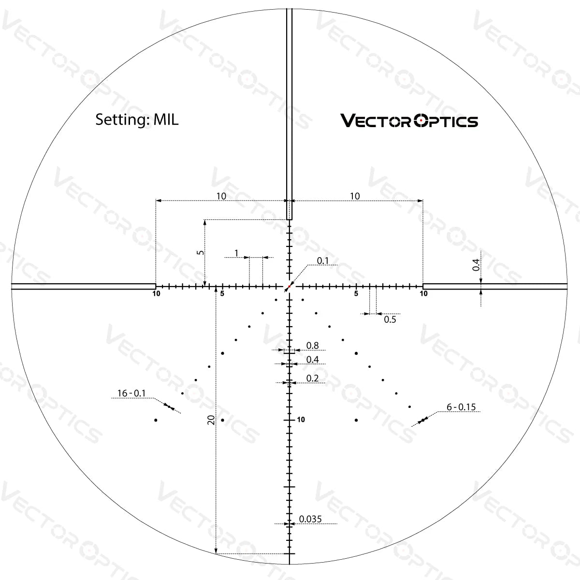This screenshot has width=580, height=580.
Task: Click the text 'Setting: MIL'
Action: [137, 119]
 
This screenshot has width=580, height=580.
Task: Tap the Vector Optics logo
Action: [409, 120]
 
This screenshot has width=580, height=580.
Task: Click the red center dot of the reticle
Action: [289, 287]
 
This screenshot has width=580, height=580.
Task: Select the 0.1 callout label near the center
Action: [322, 261]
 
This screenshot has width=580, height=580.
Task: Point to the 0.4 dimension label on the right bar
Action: [476, 265]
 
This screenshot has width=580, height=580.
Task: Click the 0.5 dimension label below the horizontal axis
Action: [390, 319]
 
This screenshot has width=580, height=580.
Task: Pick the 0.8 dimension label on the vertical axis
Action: [313, 346]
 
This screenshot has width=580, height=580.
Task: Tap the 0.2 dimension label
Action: [313, 378]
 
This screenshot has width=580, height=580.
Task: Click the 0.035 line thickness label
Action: [310, 519]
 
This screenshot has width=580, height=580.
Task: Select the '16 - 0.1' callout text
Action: [131, 393]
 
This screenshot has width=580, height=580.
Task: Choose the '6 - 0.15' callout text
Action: [461, 407]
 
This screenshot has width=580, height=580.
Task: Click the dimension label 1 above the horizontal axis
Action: [236, 253]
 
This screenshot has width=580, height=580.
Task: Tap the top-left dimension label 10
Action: [221, 196]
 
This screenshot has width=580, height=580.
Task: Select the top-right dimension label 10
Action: [355, 196]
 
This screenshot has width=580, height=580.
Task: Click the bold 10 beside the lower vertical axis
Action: [301, 420]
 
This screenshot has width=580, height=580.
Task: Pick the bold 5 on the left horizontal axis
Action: [222, 293]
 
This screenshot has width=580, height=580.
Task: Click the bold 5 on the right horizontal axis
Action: [356, 293]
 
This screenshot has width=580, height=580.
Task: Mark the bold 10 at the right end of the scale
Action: [424, 293]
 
